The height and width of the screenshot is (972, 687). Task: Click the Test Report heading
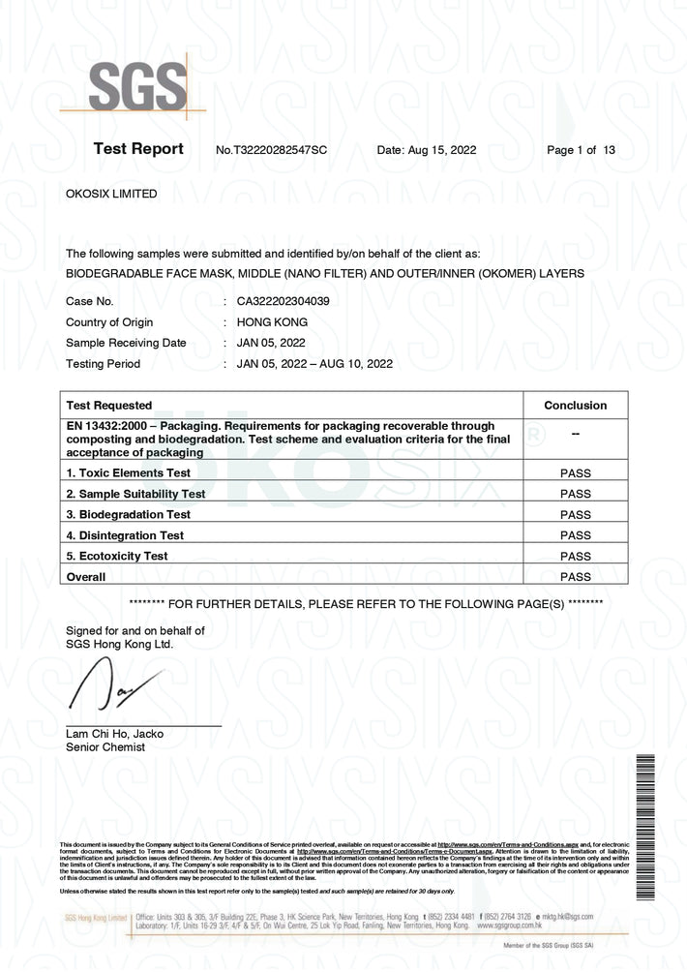(x=137, y=149)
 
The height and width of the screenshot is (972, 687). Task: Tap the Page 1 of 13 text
(x=581, y=150)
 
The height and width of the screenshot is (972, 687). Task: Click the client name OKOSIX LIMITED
(x=111, y=194)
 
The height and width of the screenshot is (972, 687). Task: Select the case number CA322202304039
(x=283, y=301)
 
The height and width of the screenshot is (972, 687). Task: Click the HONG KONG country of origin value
(x=272, y=322)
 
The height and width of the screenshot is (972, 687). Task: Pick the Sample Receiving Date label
(x=126, y=343)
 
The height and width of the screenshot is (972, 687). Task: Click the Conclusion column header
(x=575, y=406)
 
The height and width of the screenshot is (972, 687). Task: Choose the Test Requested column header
(x=108, y=406)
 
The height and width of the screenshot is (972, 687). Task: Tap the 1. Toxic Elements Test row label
(x=128, y=473)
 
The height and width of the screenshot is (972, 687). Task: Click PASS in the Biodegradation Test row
(x=575, y=515)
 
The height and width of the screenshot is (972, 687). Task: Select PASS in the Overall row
(x=575, y=577)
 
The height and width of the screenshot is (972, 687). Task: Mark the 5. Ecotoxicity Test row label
(x=117, y=557)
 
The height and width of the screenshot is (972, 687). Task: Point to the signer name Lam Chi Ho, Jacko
(x=114, y=734)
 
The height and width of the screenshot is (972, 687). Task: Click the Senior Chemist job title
(x=105, y=747)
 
